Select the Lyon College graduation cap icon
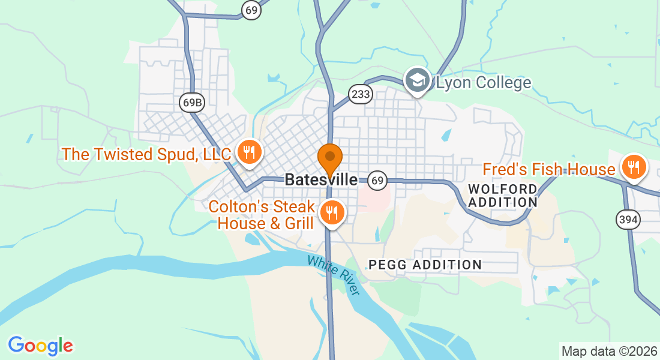(418, 80)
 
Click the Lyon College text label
(484, 83)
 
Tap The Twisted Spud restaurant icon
(248, 152)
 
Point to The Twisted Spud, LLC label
(146, 154)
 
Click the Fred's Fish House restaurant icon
(633, 167)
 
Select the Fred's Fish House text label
(549, 170)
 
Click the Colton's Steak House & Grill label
(262, 215)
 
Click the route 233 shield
(361, 94)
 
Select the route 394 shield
(628, 220)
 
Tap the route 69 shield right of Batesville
(377, 180)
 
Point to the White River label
(334, 275)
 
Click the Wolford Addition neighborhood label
(503, 196)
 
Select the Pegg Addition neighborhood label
(425, 265)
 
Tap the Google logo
(40, 346)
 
